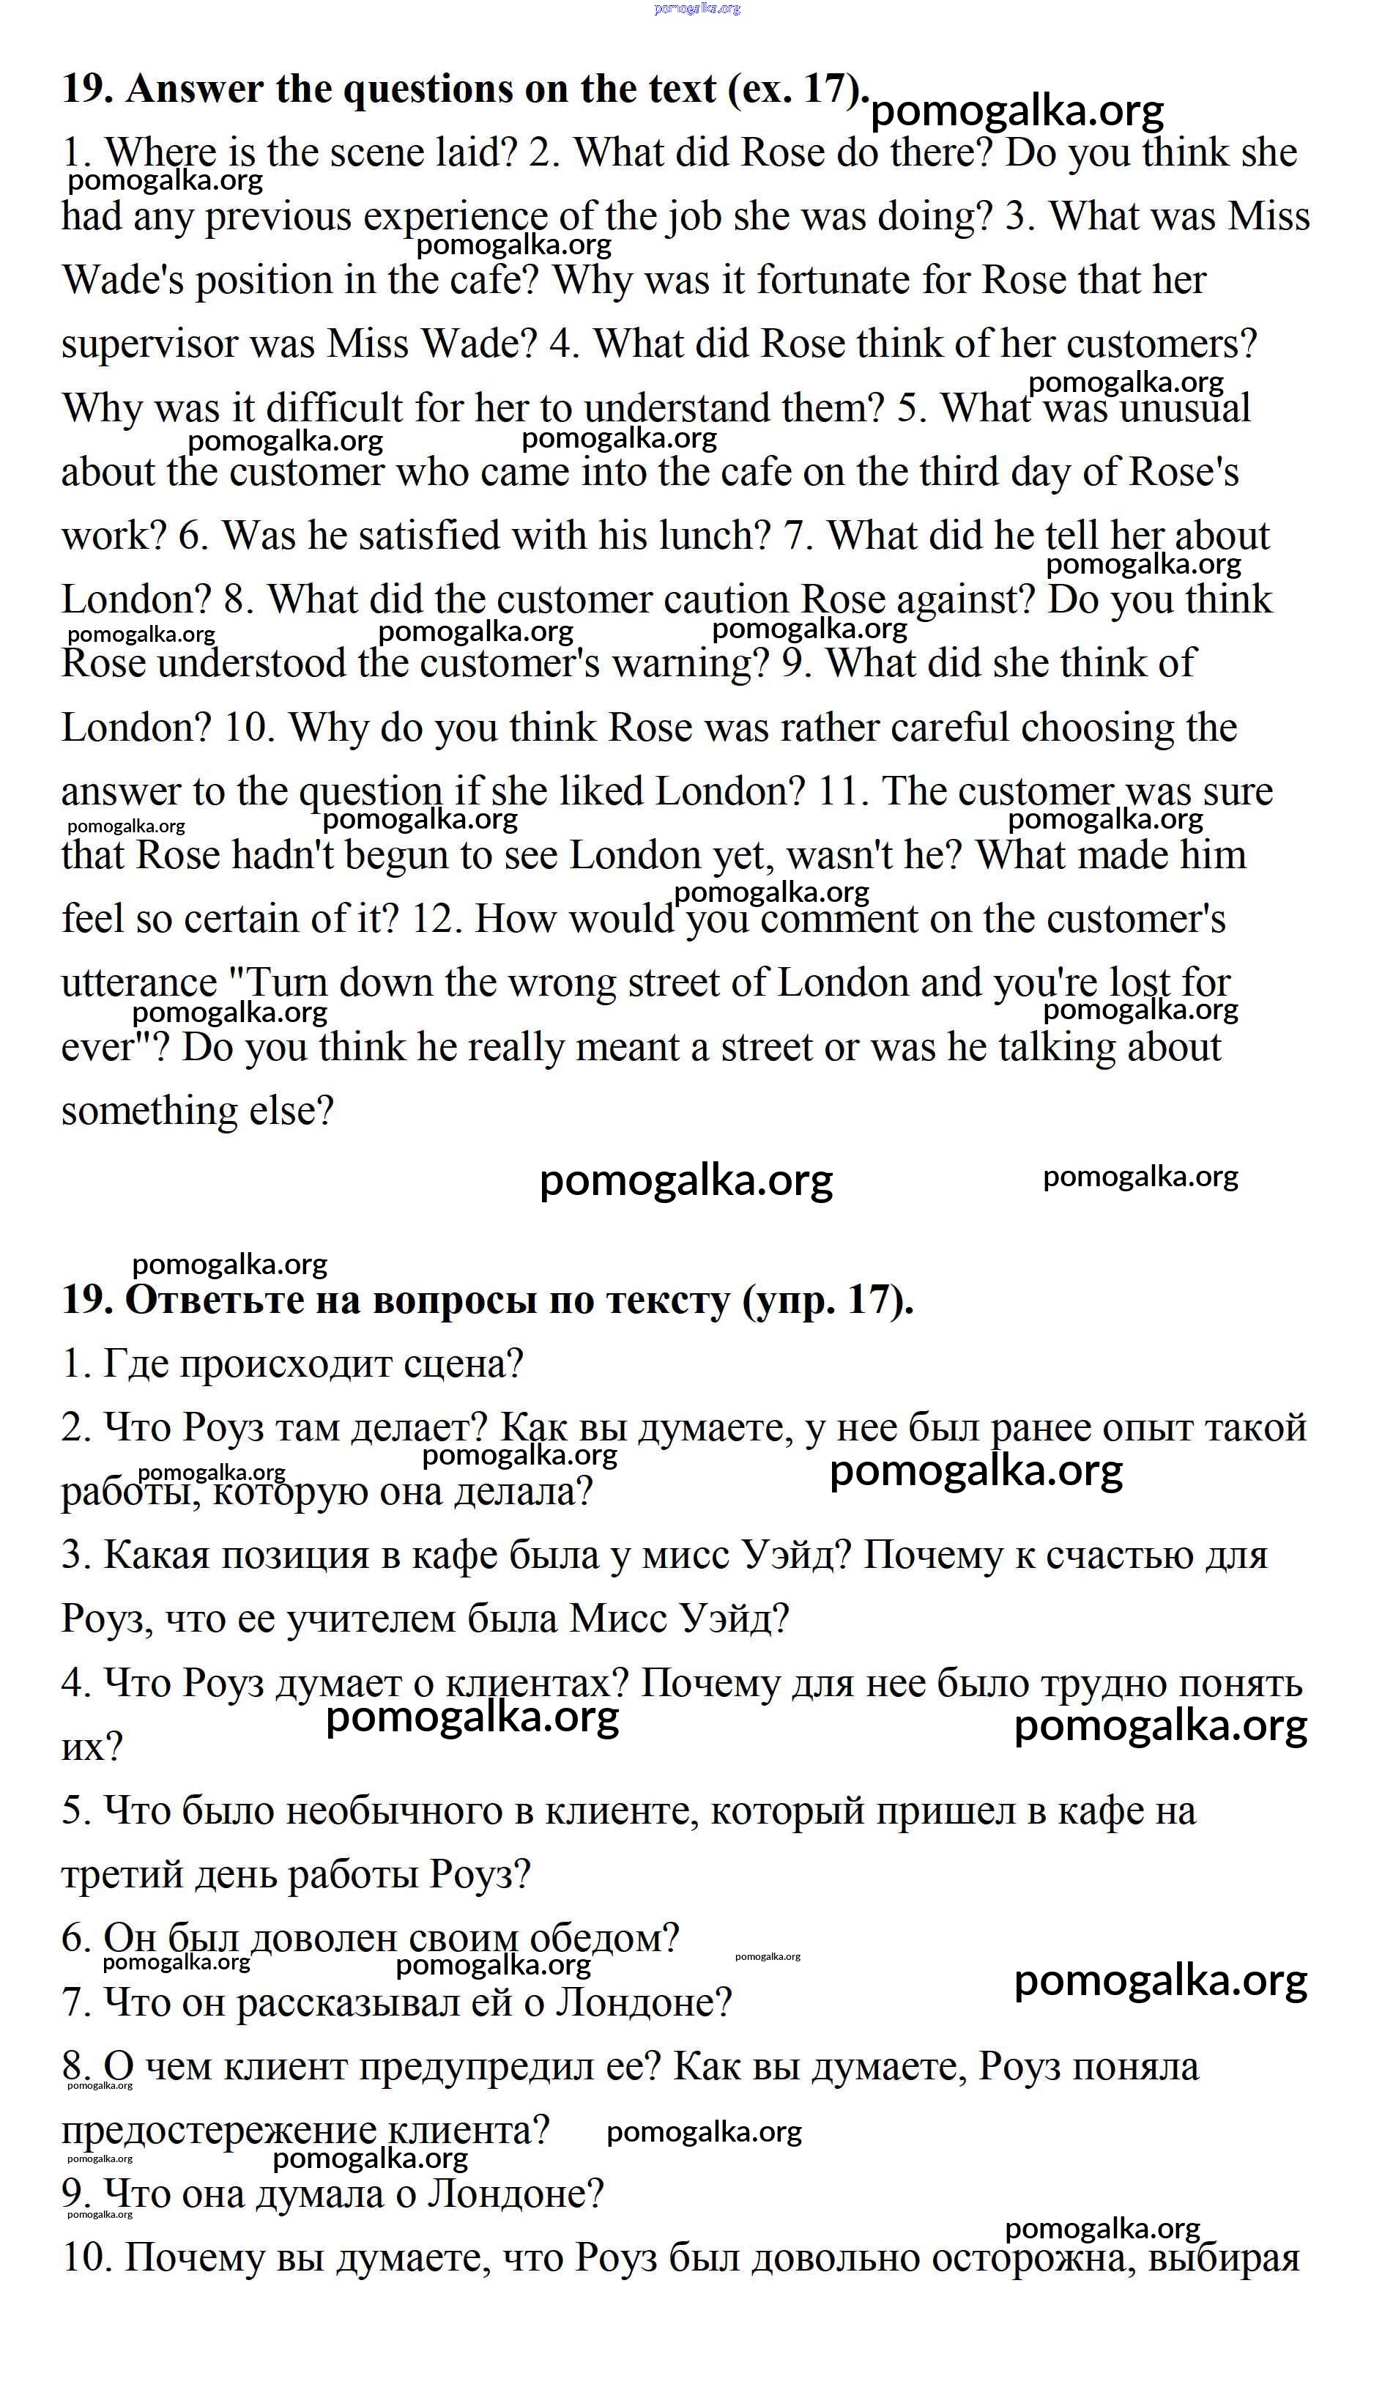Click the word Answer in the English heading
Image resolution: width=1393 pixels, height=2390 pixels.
[x=194, y=89]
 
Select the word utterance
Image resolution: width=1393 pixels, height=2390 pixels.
[x=138, y=983]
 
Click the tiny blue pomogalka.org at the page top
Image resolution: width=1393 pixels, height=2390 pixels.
[x=697, y=9]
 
